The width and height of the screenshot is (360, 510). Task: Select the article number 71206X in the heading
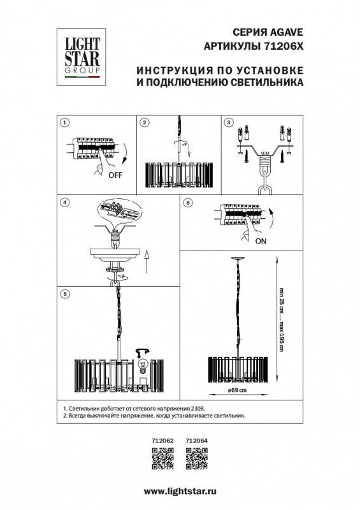coord(282,46)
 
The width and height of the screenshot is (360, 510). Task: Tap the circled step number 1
coord(64,122)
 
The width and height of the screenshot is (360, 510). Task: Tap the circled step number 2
coord(145,122)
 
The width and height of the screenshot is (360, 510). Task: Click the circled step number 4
coord(64,203)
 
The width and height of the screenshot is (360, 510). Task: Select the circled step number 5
coord(64,293)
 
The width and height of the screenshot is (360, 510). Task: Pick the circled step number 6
coord(187,203)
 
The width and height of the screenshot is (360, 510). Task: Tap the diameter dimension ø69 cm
coord(238,390)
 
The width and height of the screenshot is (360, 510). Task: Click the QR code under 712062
coord(162,458)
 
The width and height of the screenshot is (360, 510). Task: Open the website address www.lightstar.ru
coord(180,492)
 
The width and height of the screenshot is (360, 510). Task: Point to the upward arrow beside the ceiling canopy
coord(147,261)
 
